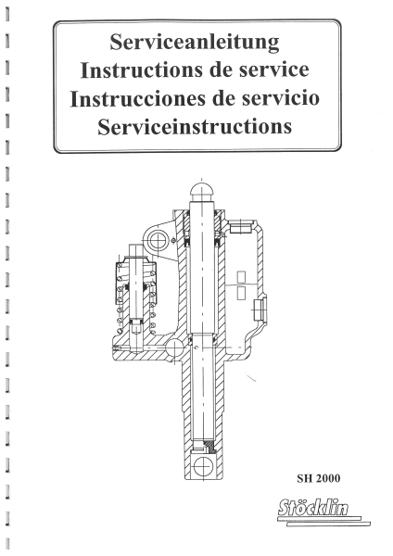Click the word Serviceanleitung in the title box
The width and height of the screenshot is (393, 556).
[x=195, y=43]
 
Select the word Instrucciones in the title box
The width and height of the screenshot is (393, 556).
[x=137, y=98]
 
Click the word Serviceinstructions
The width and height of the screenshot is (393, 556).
[x=195, y=126]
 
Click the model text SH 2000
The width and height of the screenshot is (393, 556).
[x=319, y=478]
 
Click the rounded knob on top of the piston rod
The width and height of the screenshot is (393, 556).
[x=202, y=192]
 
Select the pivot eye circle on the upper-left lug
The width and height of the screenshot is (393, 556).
[x=157, y=241]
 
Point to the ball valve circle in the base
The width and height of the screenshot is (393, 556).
[x=174, y=348]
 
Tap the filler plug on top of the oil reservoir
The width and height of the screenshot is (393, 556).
[x=240, y=227]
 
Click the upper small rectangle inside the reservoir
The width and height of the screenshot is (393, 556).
[x=241, y=277]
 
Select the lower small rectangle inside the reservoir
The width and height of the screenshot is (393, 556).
[x=241, y=293]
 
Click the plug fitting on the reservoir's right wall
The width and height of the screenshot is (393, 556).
[x=260, y=310]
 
